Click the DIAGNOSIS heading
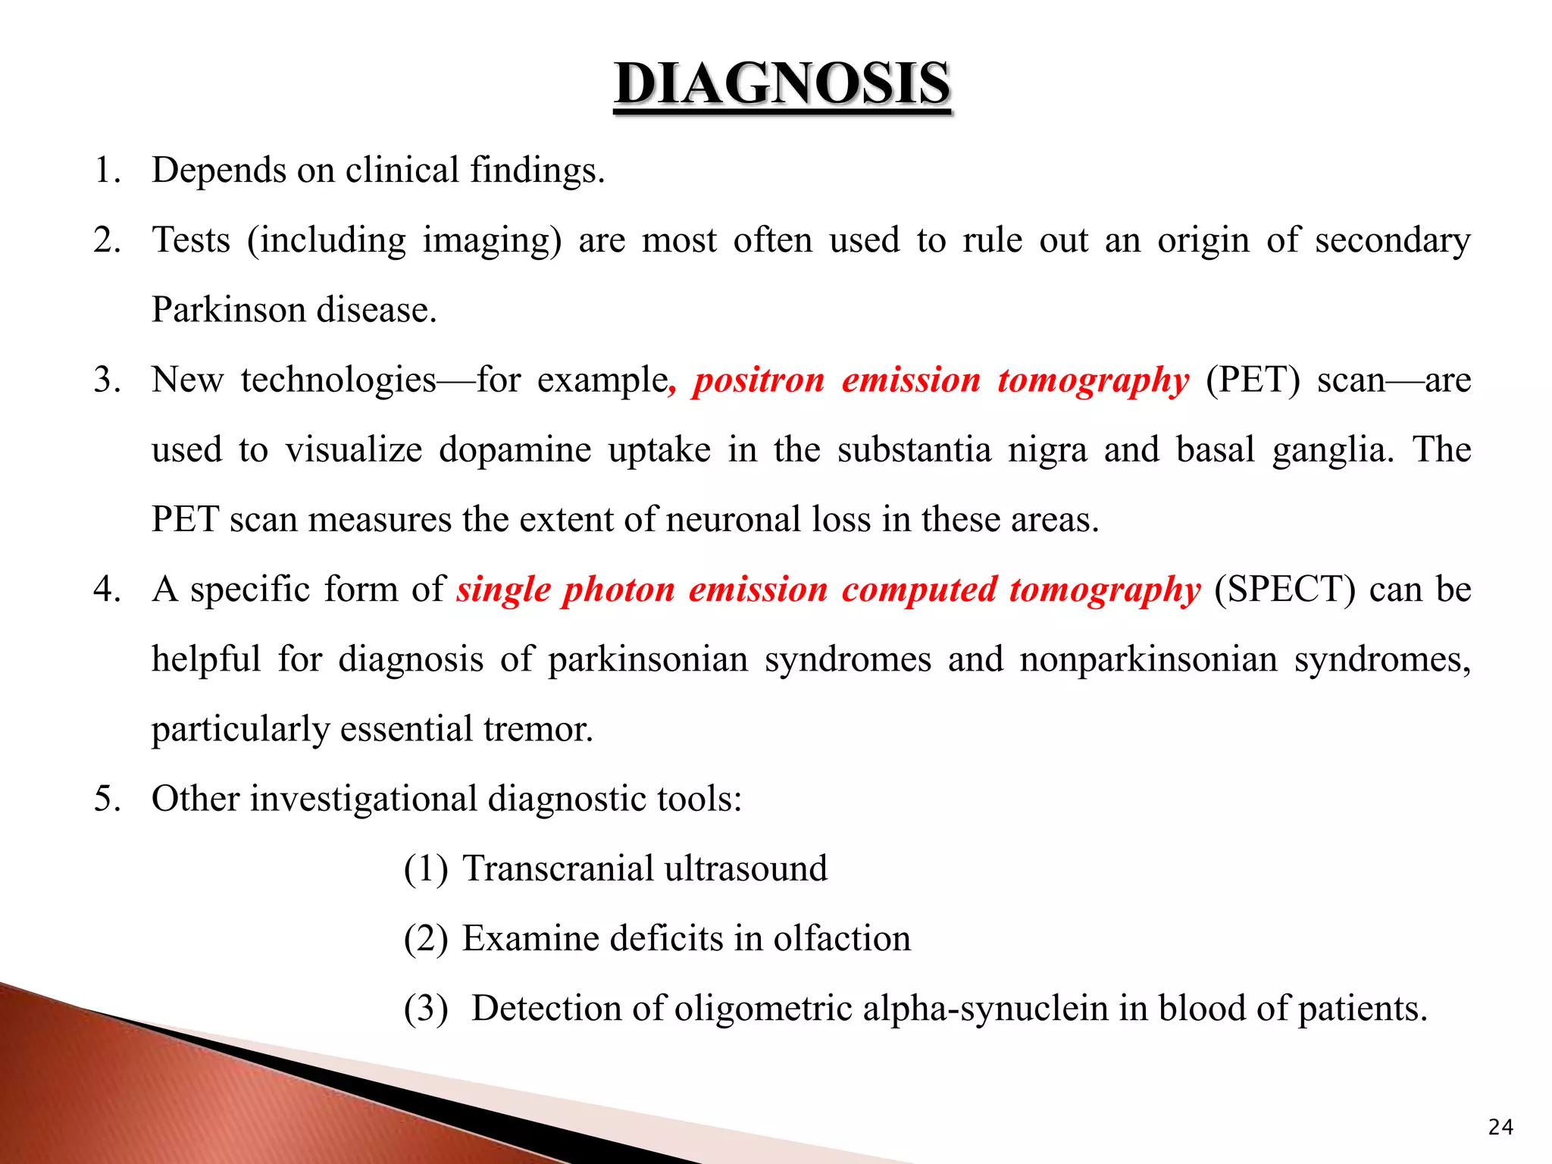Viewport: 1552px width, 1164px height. pos(782,84)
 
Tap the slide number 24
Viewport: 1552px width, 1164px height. pos(1500,1128)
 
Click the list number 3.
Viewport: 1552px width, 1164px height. pos(107,380)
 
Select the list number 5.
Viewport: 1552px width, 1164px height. pos(107,799)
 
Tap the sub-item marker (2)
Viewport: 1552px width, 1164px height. pos(426,939)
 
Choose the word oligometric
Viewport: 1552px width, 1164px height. pos(763,1009)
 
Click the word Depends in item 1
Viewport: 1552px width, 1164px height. pos(218,171)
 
